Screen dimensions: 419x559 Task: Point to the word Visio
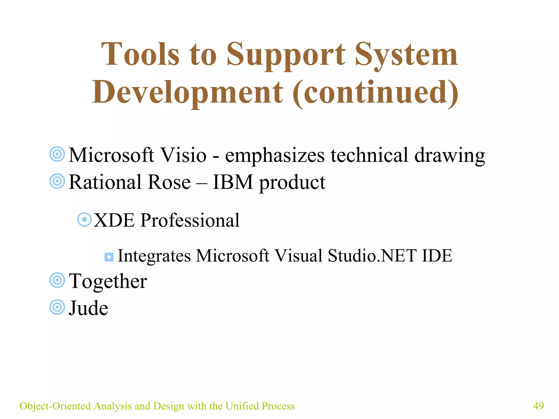pyautogui.click(x=183, y=155)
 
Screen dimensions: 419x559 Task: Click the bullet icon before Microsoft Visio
pyautogui.click(x=57, y=154)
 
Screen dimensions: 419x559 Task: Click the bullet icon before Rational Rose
pyautogui.click(x=57, y=181)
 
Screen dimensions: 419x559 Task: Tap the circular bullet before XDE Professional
pyautogui.click(x=84, y=220)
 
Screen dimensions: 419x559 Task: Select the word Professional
pyautogui.click(x=190, y=220)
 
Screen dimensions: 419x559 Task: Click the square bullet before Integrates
pyautogui.click(x=109, y=257)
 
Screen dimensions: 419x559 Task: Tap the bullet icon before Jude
pyautogui.click(x=57, y=307)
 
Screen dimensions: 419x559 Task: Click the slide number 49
pyautogui.click(x=538, y=406)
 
